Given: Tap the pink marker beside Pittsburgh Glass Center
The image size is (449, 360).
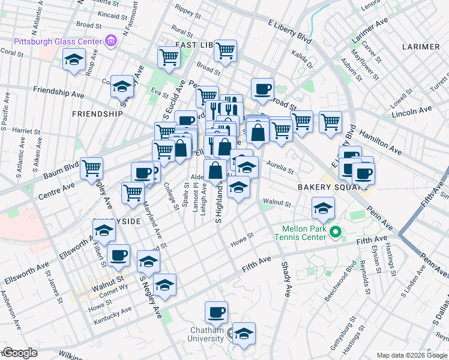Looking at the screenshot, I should pos(110,41).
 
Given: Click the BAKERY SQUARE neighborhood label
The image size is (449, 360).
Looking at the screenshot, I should pos(327,187).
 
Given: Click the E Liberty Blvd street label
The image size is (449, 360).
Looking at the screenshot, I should pos(291,31).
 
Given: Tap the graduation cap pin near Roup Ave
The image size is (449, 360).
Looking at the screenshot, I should pos(74,59).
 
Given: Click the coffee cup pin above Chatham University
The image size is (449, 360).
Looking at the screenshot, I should pos(216,311).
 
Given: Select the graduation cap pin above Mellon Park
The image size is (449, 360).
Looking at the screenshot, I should pos(323,208).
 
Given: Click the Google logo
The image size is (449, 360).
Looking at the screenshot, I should pos(19,353).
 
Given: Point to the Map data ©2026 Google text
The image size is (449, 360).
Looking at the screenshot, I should pos(412,355).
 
